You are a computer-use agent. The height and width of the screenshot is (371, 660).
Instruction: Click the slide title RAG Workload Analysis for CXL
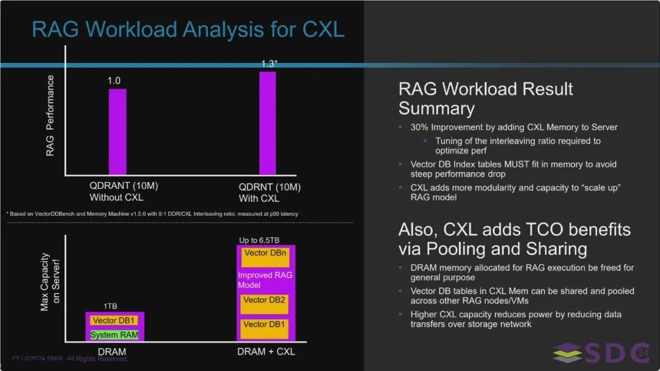click(x=188, y=29)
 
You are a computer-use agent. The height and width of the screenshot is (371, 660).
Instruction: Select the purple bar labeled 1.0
click(x=117, y=131)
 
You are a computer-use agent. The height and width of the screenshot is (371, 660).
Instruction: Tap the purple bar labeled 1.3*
click(x=268, y=123)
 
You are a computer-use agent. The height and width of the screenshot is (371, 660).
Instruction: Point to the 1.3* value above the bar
click(x=269, y=64)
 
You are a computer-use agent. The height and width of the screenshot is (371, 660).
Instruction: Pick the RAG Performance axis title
click(x=50, y=116)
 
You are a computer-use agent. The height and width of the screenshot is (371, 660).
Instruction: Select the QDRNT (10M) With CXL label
click(x=269, y=193)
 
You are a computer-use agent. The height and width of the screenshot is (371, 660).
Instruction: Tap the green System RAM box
click(x=114, y=335)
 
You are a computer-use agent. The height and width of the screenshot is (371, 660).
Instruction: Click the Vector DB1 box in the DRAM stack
click(x=114, y=320)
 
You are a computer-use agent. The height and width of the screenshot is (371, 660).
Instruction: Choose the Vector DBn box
click(x=265, y=257)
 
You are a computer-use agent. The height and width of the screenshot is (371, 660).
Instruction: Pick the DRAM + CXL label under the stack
click(x=266, y=351)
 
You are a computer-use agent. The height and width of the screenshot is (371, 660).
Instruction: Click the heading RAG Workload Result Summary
click(x=486, y=98)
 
